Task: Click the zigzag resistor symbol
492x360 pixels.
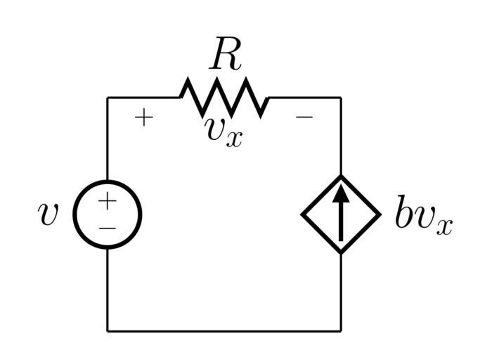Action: point(225,98)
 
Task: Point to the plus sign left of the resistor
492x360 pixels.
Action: point(143,117)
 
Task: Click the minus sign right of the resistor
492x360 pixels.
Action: point(304,117)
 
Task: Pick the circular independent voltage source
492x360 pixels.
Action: point(108,214)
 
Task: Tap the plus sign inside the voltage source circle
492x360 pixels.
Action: point(107,202)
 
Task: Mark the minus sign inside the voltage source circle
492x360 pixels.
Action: point(107,228)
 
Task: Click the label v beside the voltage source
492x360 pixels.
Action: point(48,214)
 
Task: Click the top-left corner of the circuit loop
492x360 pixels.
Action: point(108,98)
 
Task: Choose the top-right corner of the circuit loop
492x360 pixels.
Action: point(341,98)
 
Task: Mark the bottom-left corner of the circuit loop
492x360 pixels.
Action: point(108,330)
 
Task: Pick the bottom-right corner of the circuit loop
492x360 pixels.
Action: point(341,330)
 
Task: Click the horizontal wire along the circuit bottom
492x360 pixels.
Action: point(225,330)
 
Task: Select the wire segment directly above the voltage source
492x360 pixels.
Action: point(108,141)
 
